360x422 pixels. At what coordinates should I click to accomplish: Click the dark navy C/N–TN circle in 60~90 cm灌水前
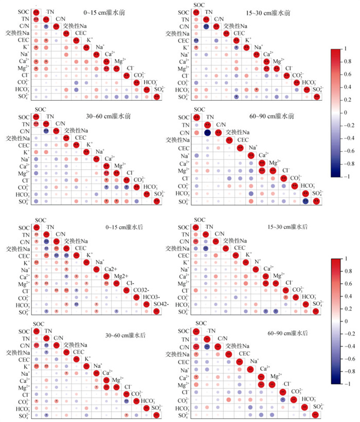pyautogui.click(x=207, y=133)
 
